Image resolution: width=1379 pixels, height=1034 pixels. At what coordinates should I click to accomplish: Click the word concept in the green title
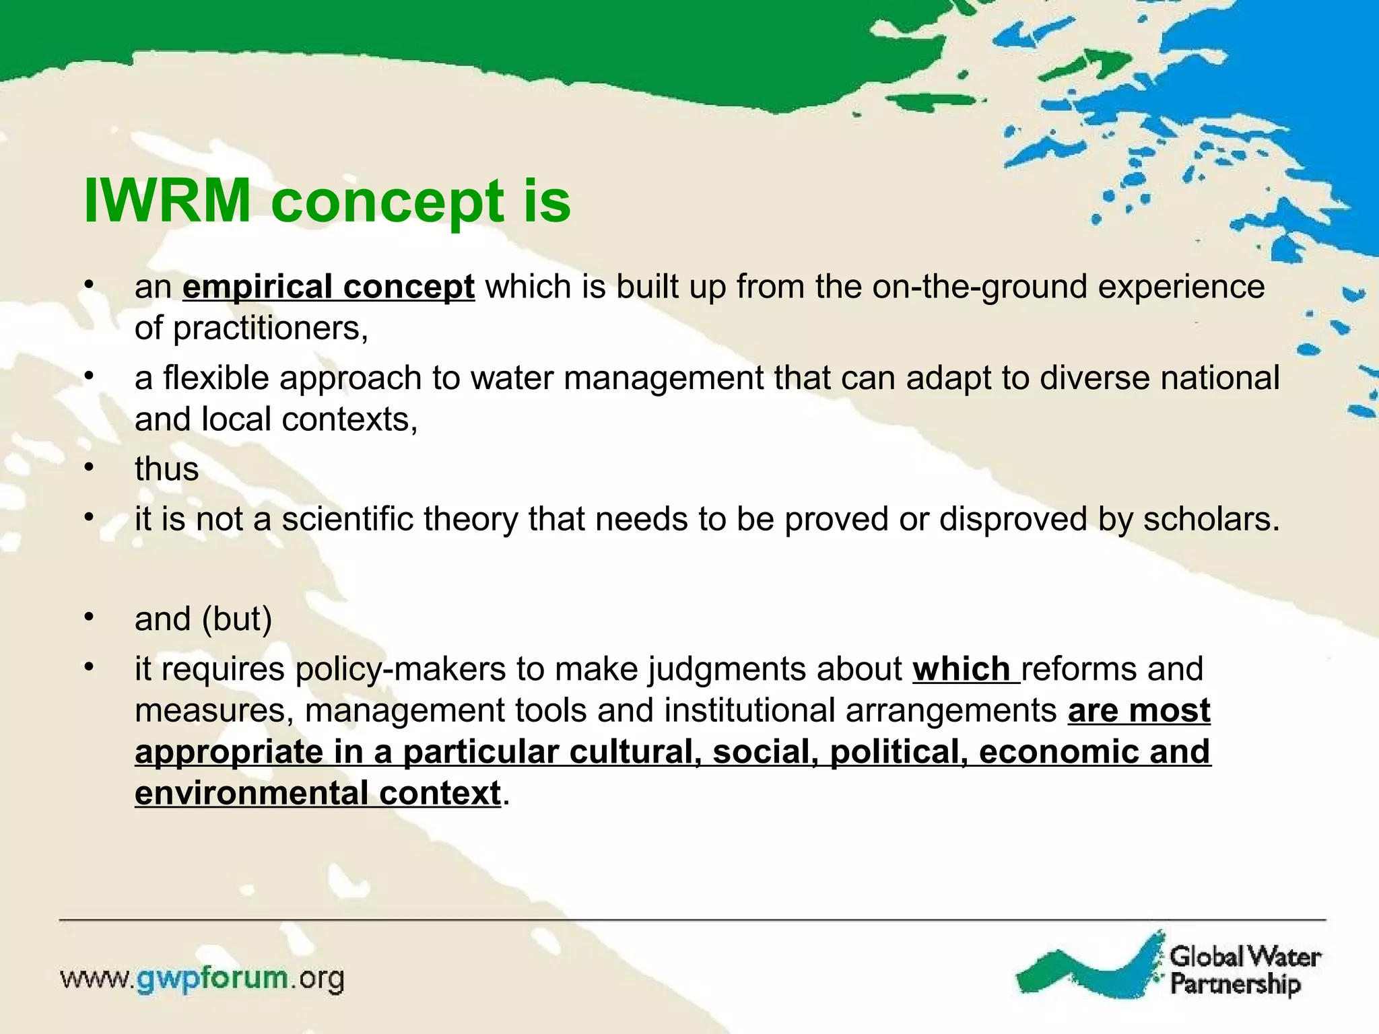pyautogui.click(x=387, y=202)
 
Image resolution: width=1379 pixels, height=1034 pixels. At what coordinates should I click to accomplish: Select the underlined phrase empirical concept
pyautogui.click(x=329, y=287)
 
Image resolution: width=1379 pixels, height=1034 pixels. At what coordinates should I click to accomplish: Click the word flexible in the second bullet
pyautogui.click(x=215, y=378)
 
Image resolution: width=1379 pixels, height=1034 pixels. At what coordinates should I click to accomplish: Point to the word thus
pyautogui.click(x=166, y=469)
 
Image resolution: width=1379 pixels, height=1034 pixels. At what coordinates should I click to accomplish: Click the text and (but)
pyautogui.click(x=203, y=619)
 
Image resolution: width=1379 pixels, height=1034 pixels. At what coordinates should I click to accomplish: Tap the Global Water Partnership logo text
pyautogui.click(x=1244, y=970)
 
